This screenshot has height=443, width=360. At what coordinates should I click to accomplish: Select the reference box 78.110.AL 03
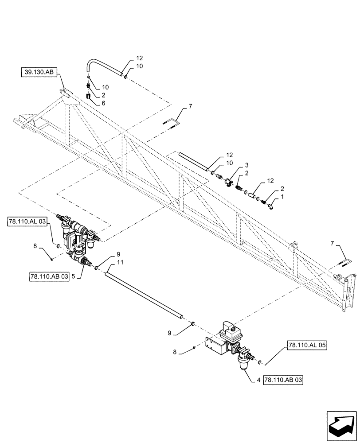click(27, 221)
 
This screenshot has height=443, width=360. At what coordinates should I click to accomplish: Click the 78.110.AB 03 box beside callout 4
click(283, 380)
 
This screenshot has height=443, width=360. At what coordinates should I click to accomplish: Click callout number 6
click(103, 103)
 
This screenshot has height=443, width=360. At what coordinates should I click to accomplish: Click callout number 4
click(258, 380)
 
